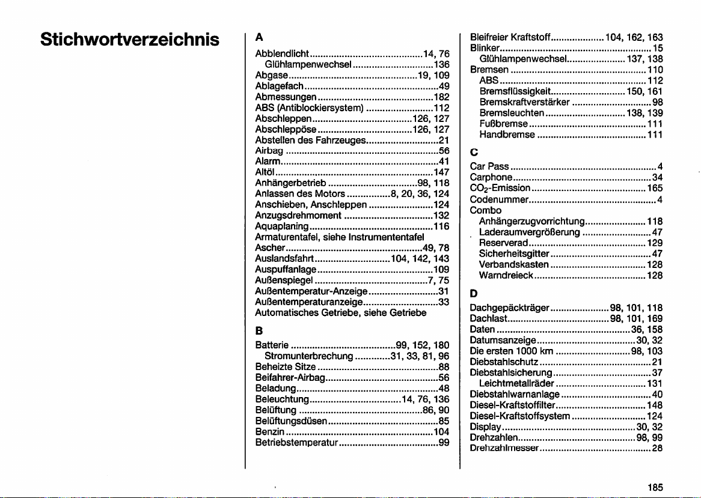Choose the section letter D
pos(474,294)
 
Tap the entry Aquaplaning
pos(282,226)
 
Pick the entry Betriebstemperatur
pos(297,443)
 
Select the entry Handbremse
pos(507,135)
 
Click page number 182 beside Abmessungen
pos(442,97)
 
